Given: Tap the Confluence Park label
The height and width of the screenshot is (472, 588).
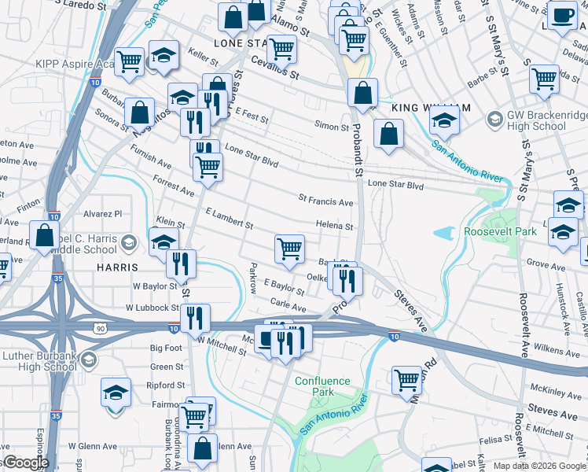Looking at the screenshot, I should pos(323,386).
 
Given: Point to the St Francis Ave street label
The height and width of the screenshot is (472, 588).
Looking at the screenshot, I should pos(325,202).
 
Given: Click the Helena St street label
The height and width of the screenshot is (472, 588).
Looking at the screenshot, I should pos(334,226).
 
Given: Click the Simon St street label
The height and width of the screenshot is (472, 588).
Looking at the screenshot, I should pos(331,127).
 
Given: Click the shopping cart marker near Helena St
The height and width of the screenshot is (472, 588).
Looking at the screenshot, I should pos(290,249).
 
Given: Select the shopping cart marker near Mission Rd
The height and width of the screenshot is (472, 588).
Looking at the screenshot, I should pos(406,380).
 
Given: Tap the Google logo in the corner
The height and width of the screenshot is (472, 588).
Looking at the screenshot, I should pos(25,463).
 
